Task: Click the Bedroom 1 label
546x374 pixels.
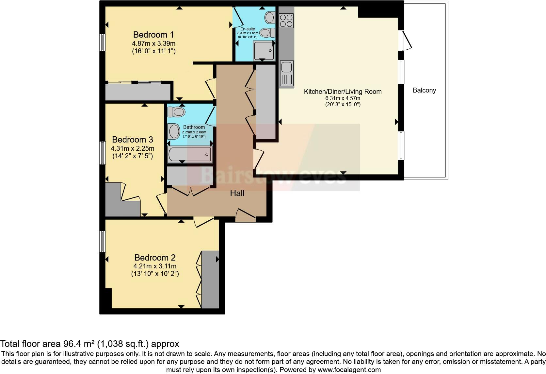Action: tap(153, 35)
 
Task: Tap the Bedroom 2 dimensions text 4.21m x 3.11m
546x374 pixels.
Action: tap(155, 266)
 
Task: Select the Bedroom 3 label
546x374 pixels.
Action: tap(132, 140)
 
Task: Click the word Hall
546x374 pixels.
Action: tap(237, 193)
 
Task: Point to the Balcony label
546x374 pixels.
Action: tap(424, 90)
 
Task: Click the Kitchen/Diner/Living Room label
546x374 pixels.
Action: tap(343, 92)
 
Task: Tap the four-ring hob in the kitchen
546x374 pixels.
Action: tap(286, 21)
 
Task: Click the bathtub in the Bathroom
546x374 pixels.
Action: tap(190, 154)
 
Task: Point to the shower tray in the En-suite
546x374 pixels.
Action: tap(264, 51)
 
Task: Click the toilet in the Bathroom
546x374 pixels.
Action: tap(176, 112)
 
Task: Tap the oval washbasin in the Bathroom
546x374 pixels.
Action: tap(174, 131)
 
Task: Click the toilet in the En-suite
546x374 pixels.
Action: tap(267, 33)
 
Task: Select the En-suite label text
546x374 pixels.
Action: tap(248, 29)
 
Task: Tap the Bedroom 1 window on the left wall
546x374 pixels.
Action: tap(103, 42)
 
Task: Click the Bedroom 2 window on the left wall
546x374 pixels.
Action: tap(103, 241)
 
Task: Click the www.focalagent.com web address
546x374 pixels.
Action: tap(349, 370)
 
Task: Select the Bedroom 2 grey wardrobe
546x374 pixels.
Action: tap(210, 279)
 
